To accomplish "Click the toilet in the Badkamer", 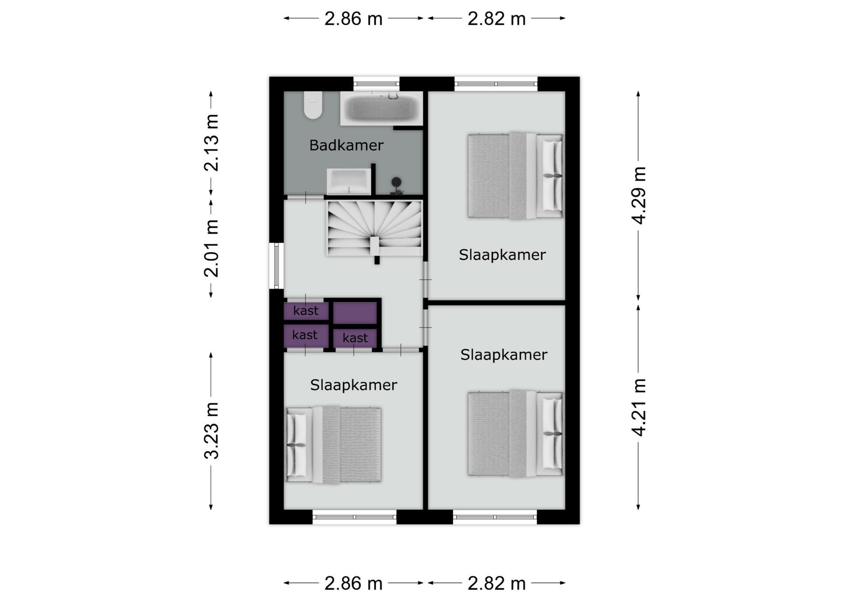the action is pyautogui.click(x=313, y=105).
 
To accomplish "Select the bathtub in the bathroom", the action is pyautogui.click(x=381, y=108).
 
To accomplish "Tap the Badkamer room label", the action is pyautogui.click(x=346, y=145).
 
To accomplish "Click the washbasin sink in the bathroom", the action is pyautogui.click(x=349, y=181).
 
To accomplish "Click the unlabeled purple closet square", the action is pyautogui.click(x=355, y=313).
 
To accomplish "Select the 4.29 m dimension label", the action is pyautogui.click(x=639, y=196).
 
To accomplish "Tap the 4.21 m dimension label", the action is pyautogui.click(x=639, y=407).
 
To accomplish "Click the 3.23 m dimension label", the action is pyautogui.click(x=211, y=431).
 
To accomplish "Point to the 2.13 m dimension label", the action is pyautogui.click(x=211, y=143).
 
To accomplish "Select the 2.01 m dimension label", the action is pyautogui.click(x=211, y=248).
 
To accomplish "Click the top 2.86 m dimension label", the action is pyautogui.click(x=353, y=19).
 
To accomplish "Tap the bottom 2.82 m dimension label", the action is pyautogui.click(x=497, y=583).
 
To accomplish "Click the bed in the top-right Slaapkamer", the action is pyautogui.click(x=515, y=176).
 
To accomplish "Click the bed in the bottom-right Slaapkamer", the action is pyautogui.click(x=515, y=434).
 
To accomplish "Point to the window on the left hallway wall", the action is pyautogui.click(x=276, y=266).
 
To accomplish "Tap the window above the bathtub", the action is pyautogui.click(x=376, y=84).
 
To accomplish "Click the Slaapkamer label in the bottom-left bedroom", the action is pyautogui.click(x=353, y=385).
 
